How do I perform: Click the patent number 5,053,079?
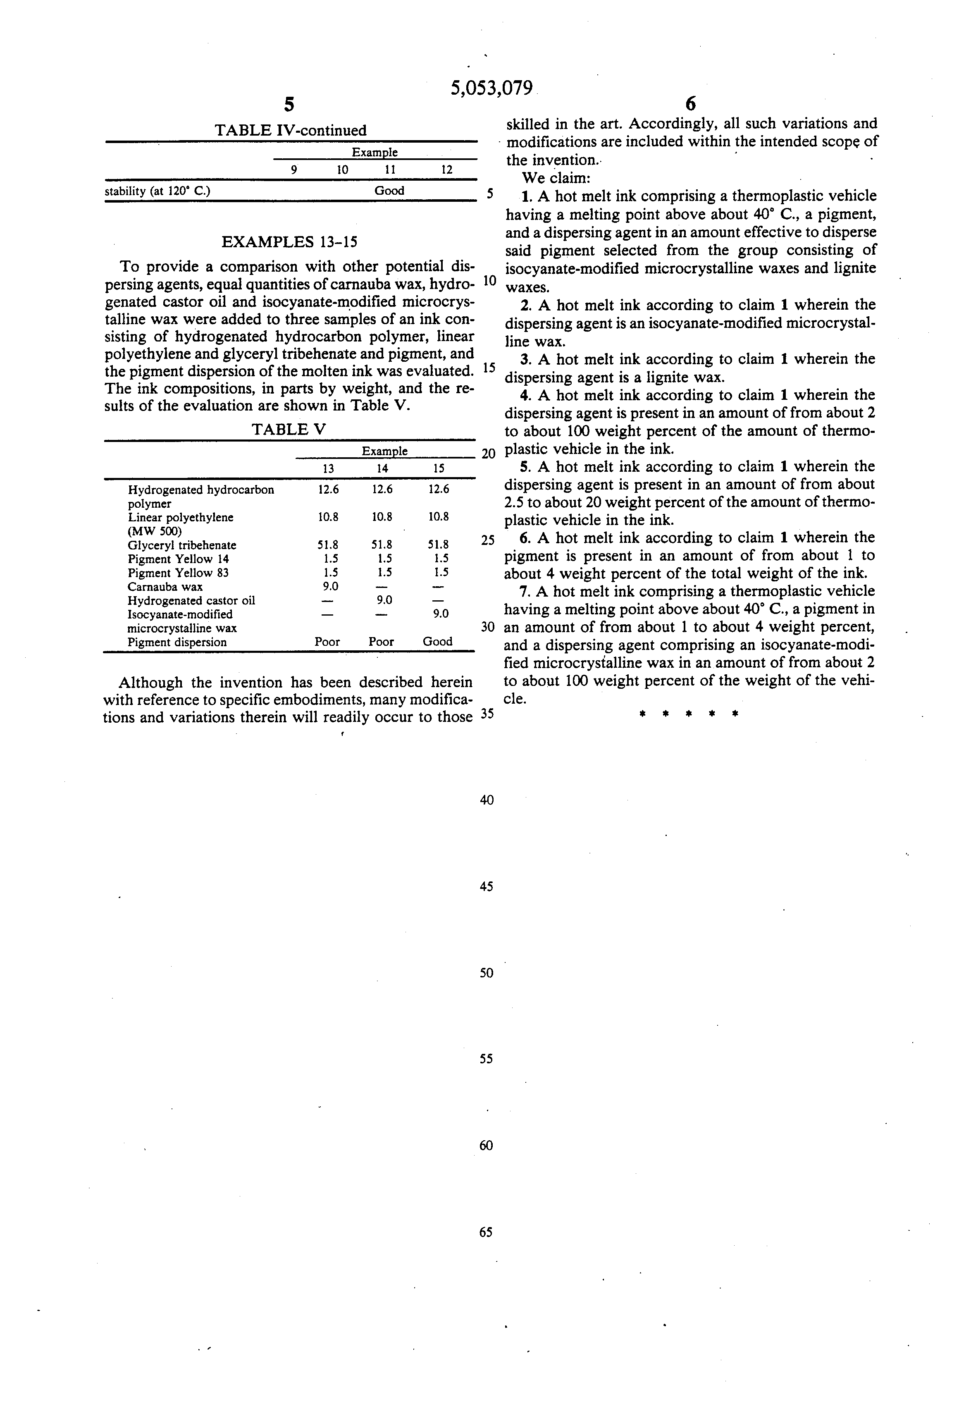(x=491, y=88)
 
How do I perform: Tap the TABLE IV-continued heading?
(x=291, y=130)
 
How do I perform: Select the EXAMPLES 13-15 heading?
(x=289, y=242)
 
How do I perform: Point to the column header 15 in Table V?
(x=439, y=468)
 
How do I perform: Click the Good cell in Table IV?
(x=389, y=190)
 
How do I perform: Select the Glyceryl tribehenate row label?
(x=182, y=545)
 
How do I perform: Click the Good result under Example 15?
(x=438, y=641)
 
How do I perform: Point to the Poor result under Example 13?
(x=327, y=641)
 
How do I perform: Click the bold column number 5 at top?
(x=289, y=105)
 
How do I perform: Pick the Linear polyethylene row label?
(x=181, y=518)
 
